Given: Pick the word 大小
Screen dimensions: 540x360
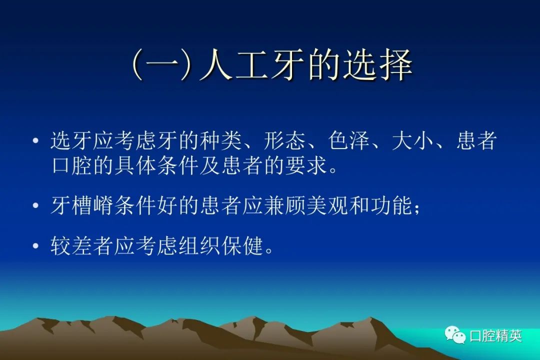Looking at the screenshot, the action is click(413, 140).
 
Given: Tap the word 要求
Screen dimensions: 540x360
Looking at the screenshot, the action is click(306, 165).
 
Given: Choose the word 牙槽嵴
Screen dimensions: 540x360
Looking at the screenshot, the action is click(82, 205).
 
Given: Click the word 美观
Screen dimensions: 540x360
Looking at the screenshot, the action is click(328, 205).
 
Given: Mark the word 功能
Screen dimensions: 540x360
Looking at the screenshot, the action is click(392, 205).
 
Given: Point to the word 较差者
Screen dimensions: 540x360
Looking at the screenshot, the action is click(82, 246).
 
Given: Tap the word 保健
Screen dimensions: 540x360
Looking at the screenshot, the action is click(242, 246).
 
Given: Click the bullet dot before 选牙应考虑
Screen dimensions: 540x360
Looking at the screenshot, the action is click(35, 140).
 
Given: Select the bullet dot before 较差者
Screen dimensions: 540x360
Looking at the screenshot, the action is click(35, 246).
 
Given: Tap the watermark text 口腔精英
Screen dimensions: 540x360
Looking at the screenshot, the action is click(495, 335).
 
